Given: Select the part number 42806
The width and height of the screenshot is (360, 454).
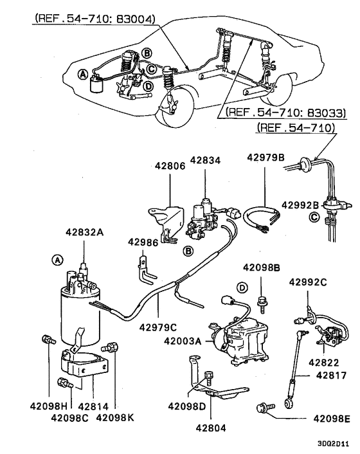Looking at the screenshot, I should click(x=170, y=165).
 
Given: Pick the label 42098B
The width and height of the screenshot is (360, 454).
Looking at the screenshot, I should click(x=262, y=267).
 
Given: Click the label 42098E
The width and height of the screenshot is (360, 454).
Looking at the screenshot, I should click(x=331, y=419).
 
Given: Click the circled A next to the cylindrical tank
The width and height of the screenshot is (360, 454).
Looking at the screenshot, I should click(x=57, y=259).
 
